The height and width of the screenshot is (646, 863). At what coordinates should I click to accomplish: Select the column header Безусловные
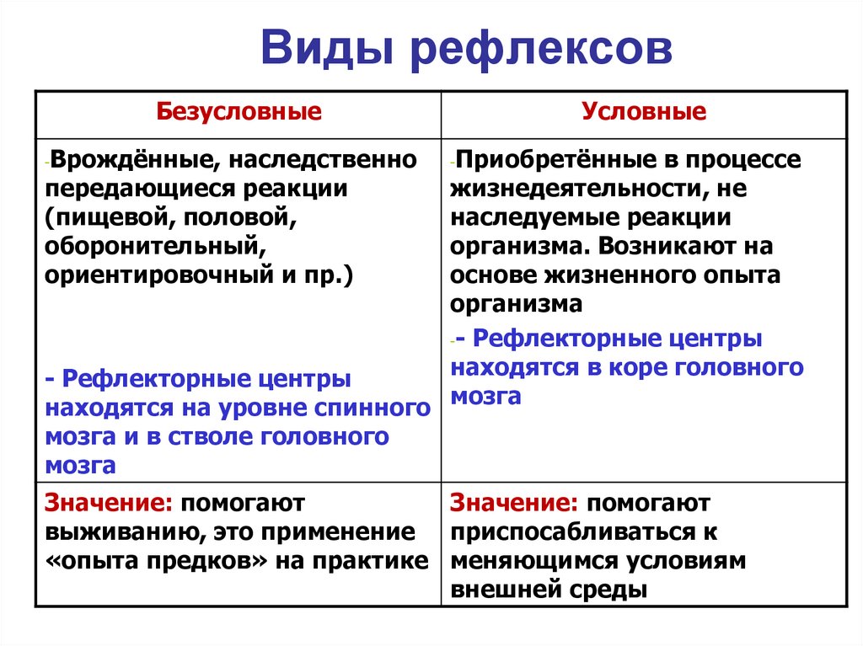239,113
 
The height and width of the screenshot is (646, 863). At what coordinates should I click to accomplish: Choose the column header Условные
644,113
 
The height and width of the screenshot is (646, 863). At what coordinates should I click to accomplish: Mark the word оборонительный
151,247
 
